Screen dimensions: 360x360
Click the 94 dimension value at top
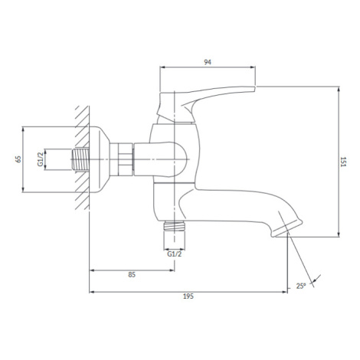[x=208, y=62]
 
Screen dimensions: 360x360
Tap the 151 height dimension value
[x=342, y=162]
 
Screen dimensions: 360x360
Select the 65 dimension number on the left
[x=18, y=159]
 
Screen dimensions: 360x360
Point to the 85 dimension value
[x=132, y=275]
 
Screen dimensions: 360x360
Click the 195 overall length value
[x=188, y=296]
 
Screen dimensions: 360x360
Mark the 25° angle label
[x=301, y=286]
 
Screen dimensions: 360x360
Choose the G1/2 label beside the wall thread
[x=41, y=159]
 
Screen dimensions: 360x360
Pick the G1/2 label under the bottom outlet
[x=175, y=254]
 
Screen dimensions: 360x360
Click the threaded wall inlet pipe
[x=80, y=159]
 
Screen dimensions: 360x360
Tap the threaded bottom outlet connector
[x=175, y=226]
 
